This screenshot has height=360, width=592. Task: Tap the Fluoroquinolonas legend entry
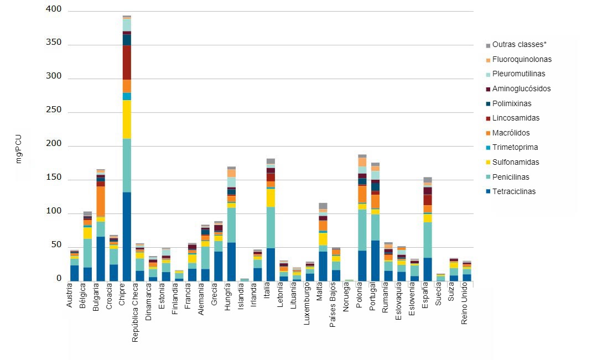pyautogui.click(x=521, y=60)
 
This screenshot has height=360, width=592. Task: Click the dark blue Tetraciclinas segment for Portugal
pyautogui.click(x=375, y=260)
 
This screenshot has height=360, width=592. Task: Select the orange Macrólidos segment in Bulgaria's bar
pyautogui.click(x=101, y=202)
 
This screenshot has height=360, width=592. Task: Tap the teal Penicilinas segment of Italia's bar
pyautogui.click(x=271, y=227)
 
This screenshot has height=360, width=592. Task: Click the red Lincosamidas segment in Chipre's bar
pyautogui.click(x=127, y=62)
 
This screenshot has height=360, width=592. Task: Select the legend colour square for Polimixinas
pyautogui.click(x=487, y=104)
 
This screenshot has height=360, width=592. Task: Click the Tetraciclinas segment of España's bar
pyautogui.click(x=427, y=269)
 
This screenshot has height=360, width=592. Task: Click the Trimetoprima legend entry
pyautogui.click(x=515, y=148)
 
